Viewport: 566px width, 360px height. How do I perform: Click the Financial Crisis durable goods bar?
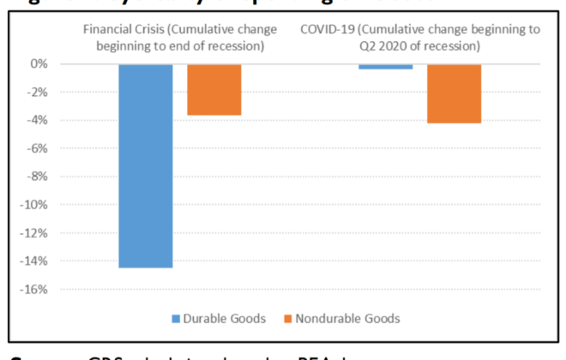point(145,165)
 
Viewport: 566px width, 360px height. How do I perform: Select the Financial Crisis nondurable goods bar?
point(214,89)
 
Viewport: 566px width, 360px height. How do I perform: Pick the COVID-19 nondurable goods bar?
point(454,93)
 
